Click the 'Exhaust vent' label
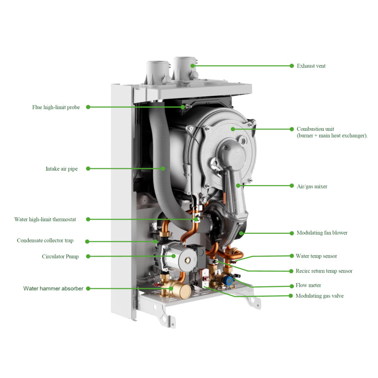point(311,66)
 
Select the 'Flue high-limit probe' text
point(56,107)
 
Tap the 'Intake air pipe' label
point(62,169)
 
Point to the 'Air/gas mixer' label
point(312,186)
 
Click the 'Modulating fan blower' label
point(322,233)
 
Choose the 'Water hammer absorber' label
point(53,289)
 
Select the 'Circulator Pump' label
point(60,257)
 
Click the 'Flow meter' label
point(309,285)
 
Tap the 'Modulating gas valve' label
point(320,296)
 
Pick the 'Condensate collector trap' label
point(45,241)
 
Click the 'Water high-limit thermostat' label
point(45,219)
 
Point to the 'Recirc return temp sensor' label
point(324,271)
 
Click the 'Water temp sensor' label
point(316,256)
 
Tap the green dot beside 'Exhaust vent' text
point(292,66)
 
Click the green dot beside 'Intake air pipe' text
point(88,169)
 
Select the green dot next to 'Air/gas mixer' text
point(292,186)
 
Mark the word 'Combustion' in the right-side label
point(309,129)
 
